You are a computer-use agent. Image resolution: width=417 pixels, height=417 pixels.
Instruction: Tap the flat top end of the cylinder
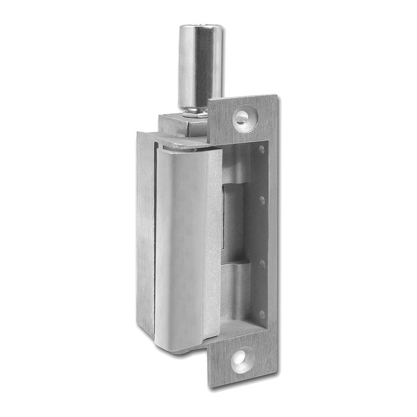click(x=200, y=27)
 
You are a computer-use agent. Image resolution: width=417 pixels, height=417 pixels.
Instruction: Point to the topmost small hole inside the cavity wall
click(x=261, y=150)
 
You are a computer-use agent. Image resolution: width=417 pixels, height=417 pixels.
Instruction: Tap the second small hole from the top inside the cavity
click(x=262, y=200)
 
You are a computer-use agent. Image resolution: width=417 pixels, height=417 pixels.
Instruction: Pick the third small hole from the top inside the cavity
click(x=262, y=264)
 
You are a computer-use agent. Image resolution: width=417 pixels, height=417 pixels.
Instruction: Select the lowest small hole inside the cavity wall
click(x=262, y=314)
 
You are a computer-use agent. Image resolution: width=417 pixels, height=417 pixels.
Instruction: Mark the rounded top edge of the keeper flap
click(x=185, y=151)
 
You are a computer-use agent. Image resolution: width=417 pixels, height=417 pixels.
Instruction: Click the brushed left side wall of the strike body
click(x=146, y=235)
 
